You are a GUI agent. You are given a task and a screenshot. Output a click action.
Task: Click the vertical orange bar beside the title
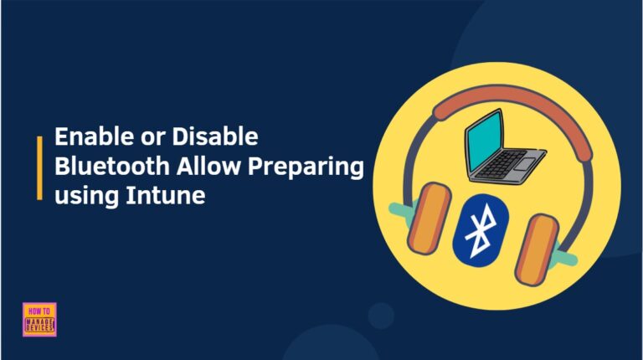[40, 167]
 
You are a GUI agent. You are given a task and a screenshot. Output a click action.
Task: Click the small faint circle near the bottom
[381, 316]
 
